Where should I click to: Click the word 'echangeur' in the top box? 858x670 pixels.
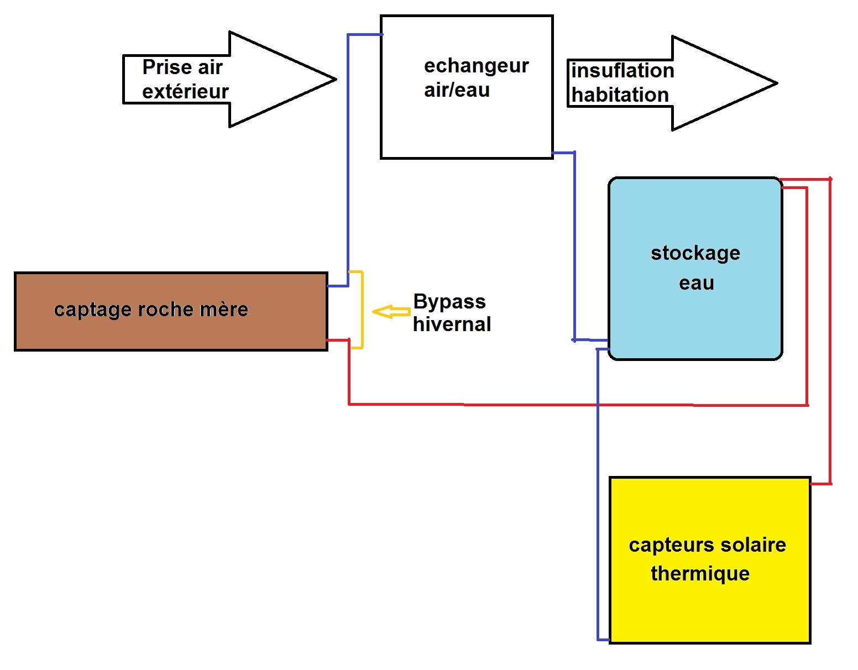click(476, 66)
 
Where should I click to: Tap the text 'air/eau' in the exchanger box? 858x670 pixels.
click(457, 90)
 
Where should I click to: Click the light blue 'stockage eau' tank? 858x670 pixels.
click(695, 321)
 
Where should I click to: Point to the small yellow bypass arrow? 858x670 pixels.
click(390, 312)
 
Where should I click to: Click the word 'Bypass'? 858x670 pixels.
click(449, 302)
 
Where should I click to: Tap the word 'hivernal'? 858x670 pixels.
click(452, 324)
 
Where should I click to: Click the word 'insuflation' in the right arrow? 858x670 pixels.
click(622, 71)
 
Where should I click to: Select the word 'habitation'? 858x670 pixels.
click(620, 95)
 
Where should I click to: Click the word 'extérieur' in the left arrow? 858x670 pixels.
click(185, 92)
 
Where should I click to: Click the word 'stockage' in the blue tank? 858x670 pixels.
click(695, 253)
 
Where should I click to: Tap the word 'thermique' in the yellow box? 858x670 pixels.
click(700, 574)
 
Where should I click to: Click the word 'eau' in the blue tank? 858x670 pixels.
click(696, 283)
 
